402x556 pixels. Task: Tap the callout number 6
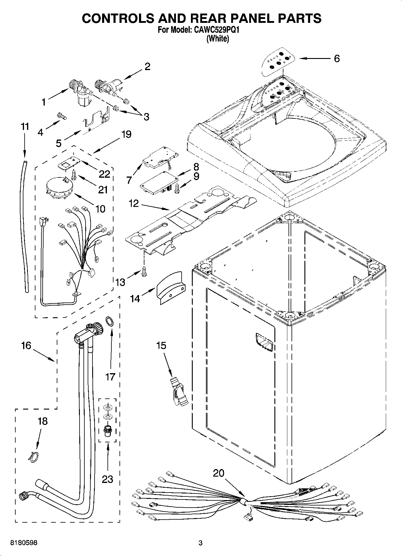pyautogui.click(x=337, y=59)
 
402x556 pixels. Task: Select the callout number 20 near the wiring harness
pyautogui.click(x=219, y=473)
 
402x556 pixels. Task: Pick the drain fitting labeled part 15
pyautogui.click(x=178, y=392)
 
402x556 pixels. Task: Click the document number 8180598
pyautogui.click(x=24, y=543)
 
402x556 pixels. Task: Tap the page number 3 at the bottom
pyautogui.click(x=201, y=543)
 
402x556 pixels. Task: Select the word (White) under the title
pyautogui.click(x=218, y=39)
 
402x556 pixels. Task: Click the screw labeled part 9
pyautogui.click(x=177, y=189)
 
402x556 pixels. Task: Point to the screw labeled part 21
pyautogui.click(x=74, y=174)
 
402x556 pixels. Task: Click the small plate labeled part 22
pyautogui.click(x=68, y=163)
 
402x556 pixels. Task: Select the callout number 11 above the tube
pyautogui.click(x=25, y=127)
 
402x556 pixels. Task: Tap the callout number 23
pyautogui.click(x=107, y=479)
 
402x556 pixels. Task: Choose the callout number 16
pyautogui.click(x=26, y=346)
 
